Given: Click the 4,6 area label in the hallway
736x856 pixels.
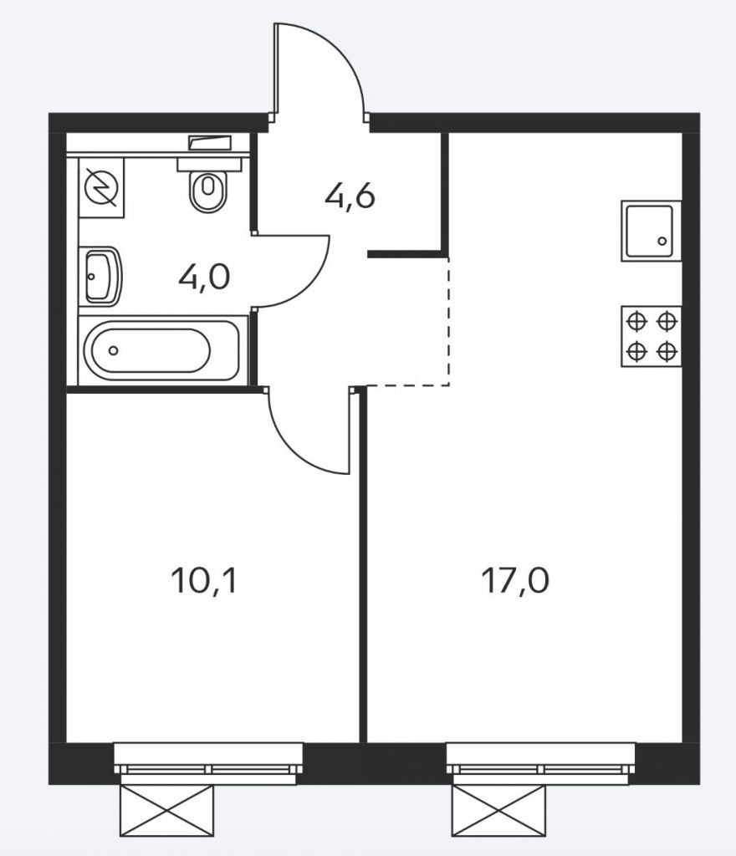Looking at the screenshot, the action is tap(350, 197).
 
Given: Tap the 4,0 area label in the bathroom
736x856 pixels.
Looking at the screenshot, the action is tap(204, 278).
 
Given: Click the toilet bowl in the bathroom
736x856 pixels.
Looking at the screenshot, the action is tap(208, 191).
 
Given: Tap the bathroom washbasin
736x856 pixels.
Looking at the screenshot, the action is tap(102, 277).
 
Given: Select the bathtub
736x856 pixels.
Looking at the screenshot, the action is tap(160, 350).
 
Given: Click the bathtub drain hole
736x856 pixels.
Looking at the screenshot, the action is tap(113, 350).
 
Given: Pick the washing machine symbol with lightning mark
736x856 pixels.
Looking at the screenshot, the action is tap(101, 188).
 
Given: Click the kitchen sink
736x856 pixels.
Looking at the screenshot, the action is tap(651, 231).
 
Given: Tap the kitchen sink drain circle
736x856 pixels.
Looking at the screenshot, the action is tap(662, 241).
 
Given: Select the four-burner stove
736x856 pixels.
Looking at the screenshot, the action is tap(651, 336).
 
